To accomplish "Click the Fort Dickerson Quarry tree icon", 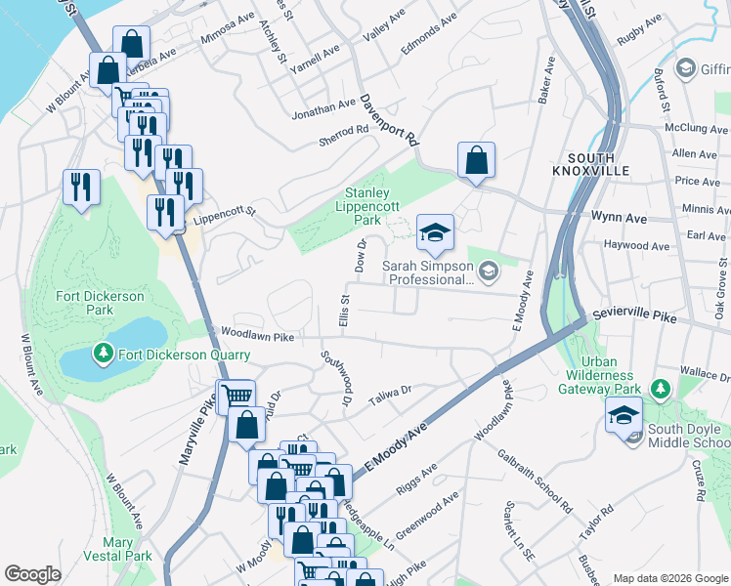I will (104, 353).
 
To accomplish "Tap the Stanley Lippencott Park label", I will (364, 206).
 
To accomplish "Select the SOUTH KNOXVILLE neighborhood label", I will (590, 167).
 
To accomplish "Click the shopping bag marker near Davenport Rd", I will (476, 161).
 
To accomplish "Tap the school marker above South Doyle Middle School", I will (623, 414).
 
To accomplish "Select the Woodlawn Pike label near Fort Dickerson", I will (257, 335).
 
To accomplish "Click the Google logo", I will (33, 574).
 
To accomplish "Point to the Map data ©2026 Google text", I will (669, 578).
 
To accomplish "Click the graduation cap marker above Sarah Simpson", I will (435, 233).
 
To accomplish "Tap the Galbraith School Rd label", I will (533, 482).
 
